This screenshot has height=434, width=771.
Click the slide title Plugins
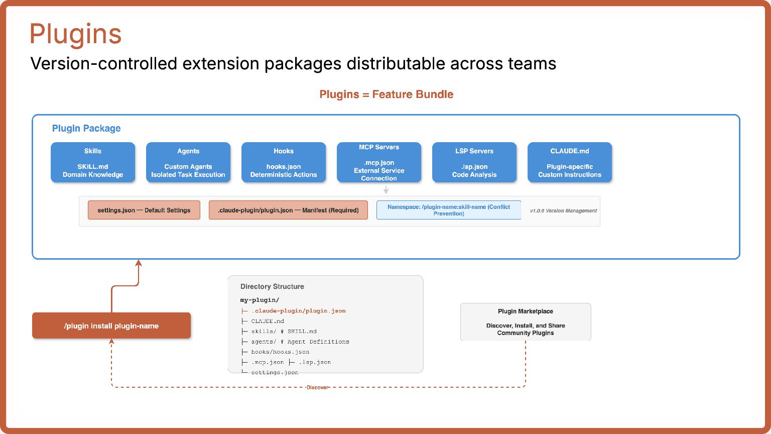point(75,34)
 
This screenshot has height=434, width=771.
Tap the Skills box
point(93,162)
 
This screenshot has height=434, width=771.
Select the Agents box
point(188,162)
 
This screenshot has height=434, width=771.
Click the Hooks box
point(284,162)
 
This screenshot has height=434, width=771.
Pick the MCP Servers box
point(379,162)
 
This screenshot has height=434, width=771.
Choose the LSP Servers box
point(474,162)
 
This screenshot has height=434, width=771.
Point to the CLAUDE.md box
point(570,162)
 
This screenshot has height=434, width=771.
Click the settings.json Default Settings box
point(144,210)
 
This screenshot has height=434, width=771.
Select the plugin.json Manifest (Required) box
point(288,210)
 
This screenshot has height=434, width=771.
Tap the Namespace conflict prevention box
point(449,210)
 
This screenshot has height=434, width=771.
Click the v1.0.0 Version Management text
point(563,211)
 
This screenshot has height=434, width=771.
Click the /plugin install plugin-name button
point(111,325)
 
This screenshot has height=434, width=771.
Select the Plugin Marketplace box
point(526,322)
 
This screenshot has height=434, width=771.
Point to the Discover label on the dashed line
point(318,387)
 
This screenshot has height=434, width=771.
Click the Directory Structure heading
point(272,286)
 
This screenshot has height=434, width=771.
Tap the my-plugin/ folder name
point(260,300)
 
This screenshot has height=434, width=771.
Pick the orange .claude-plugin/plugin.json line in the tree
point(298,310)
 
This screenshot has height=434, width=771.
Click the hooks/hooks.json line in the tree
point(280,352)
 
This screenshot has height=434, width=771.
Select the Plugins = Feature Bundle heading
point(386,94)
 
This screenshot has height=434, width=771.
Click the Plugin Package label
point(86,128)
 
